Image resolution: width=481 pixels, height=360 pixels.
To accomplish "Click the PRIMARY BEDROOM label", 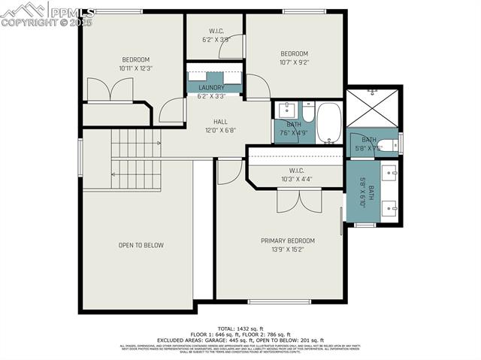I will pyautogui.click(x=288, y=241).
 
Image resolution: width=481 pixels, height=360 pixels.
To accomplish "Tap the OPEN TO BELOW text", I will pyautogui.click(x=141, y=245).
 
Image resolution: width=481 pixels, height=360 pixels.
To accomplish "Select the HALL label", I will pyautogui.click(x=220, y=122).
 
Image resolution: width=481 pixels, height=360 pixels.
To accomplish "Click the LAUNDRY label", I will pyautogui.click(x=211, y=88).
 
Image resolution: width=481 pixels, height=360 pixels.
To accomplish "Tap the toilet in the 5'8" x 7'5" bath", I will pyautogui.click(x=386, y=146).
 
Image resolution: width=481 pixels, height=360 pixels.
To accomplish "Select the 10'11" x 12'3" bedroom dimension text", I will pyautogui.click(x=136, y=68).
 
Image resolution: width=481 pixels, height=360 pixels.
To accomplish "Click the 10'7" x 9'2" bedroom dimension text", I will pyautogui.click(x=294, y=62).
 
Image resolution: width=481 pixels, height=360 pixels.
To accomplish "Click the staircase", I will pyautogui.click(x=136, y=159).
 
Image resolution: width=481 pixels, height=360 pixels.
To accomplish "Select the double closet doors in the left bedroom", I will pyautogui.click(x=110, y=91).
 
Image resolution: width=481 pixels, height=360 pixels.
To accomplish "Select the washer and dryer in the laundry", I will pyautogui.click(x=215, y=77).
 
